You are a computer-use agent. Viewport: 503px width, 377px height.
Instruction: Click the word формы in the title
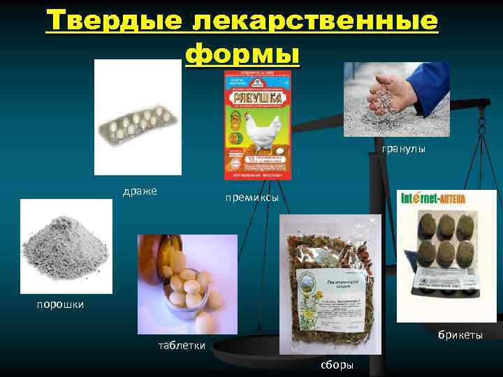pyautogui.click(x=242, y=53)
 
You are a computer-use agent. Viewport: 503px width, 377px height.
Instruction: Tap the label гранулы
pyautogui.click(x=403, y=149)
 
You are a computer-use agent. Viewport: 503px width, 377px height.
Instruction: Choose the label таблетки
pyautogui.click(x=182, y=345)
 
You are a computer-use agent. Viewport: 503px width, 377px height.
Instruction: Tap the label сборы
pyautogui.click(x=336, y=365)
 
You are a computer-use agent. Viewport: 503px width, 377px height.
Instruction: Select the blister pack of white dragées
pyautogui.click(x=138, y=119)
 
